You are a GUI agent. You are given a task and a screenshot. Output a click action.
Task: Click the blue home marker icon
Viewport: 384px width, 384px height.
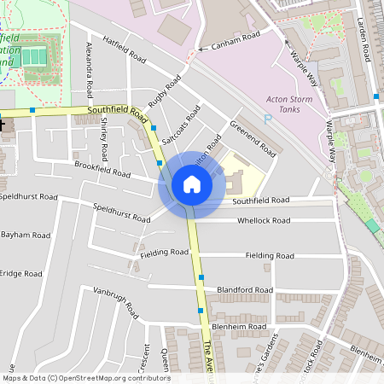point(192,183)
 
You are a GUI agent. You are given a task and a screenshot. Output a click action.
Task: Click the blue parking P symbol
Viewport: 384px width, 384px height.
point(267,119)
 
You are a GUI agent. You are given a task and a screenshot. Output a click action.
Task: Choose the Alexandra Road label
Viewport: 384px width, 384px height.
point(90,67)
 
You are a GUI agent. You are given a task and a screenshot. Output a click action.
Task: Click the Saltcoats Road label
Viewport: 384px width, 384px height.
point(182,124)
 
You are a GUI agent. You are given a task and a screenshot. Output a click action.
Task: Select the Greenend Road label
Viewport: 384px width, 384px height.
point(253,138)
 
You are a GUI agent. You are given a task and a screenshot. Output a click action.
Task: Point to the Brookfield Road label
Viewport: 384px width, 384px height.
point(102,171)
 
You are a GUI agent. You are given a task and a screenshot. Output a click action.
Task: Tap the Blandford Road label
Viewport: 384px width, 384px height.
point(245,290)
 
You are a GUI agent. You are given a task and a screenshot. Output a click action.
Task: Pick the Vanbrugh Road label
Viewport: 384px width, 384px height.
point(115,305)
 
